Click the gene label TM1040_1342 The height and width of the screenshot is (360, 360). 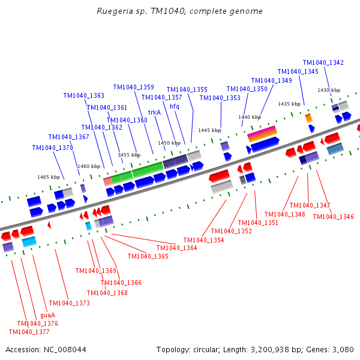(323, 62)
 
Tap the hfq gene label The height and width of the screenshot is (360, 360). (175, 106)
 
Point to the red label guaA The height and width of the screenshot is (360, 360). (47, 315)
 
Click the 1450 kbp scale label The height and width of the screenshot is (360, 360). (169, 143)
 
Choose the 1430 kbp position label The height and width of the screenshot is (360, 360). (329, 90)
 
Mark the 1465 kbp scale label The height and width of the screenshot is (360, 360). (49, 177)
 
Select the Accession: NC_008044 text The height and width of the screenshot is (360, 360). (46, 349)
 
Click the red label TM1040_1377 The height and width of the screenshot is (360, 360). (29, 332)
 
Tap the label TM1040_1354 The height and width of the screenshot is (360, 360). (203, 240)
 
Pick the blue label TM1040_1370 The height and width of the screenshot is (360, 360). (52, 148)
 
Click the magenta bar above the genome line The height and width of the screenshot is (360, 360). (262, 130)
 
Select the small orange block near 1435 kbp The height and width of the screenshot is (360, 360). (308, 118)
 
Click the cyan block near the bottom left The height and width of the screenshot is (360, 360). (29, 241)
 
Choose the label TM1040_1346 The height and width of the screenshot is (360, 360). (333, 217)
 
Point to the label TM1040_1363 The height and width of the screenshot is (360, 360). (84, 95)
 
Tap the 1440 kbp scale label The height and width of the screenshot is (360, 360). (249, 117)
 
